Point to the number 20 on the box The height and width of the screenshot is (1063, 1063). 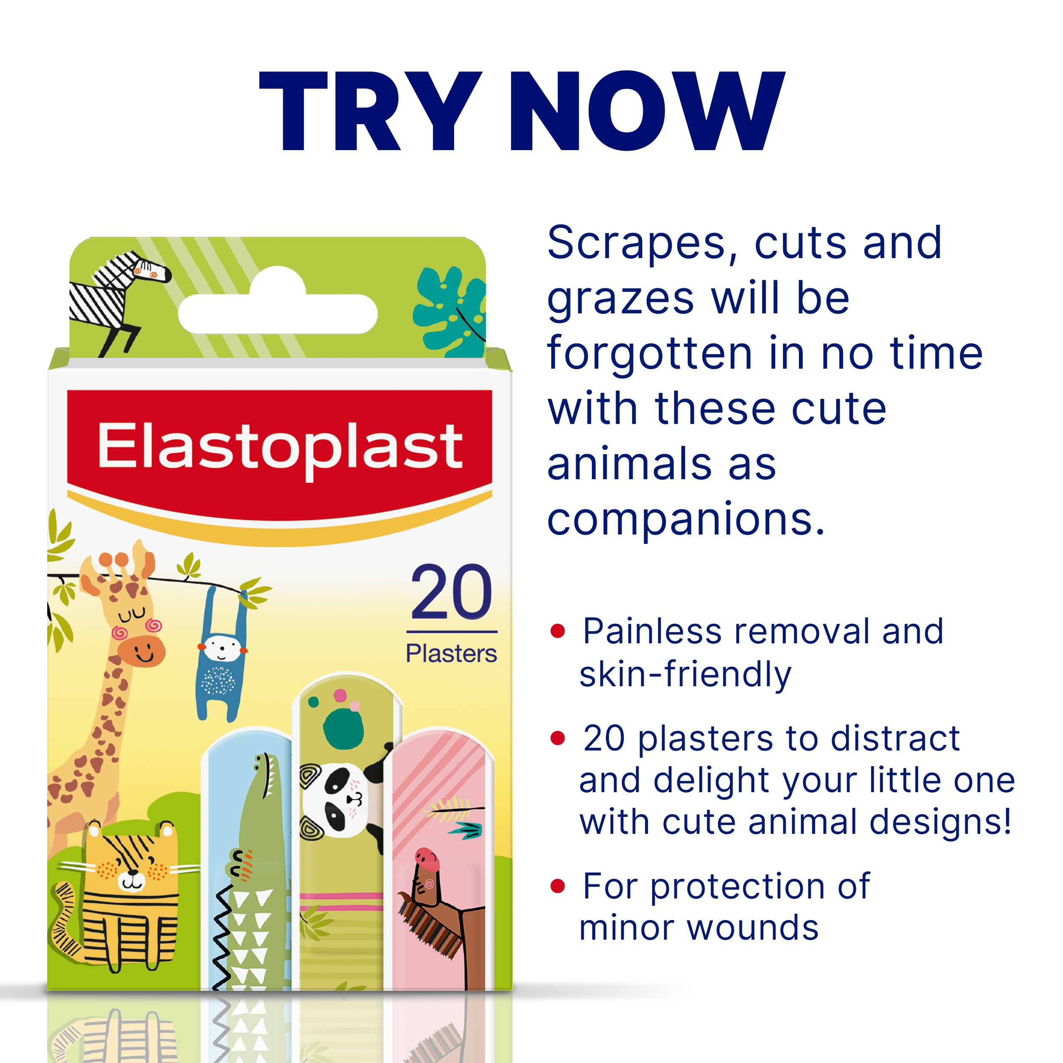point(451,593)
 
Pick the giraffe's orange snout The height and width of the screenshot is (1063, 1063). point(142,651)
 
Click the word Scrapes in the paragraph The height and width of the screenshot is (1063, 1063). point(636,243)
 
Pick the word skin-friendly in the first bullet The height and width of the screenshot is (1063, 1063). point(685,674)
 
